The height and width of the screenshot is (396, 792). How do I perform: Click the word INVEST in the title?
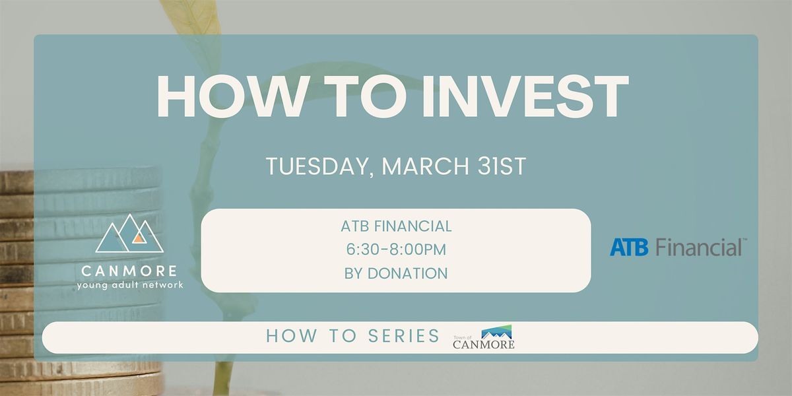tap(525, 96)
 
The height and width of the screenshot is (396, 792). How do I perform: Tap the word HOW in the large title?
tap(231, 96)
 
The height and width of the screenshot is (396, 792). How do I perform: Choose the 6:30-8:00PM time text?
tap(396, 249)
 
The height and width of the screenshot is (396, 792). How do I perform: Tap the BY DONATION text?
tap(396, 273)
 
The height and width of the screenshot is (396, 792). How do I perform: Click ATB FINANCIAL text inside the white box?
tap(396, 226)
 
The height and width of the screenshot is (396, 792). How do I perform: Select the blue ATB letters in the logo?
tap(629, 247)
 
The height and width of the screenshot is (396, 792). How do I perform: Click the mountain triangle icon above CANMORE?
tap(129, 234)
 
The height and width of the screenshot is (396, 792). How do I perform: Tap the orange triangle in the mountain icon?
tap(139, 239)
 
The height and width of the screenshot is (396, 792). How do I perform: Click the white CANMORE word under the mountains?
tap(129, 271)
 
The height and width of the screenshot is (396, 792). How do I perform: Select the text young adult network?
tap(130, 285)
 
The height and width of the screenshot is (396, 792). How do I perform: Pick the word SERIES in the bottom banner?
tap(404, 335)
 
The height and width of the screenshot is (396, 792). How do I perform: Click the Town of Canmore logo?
tap(484, 337)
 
